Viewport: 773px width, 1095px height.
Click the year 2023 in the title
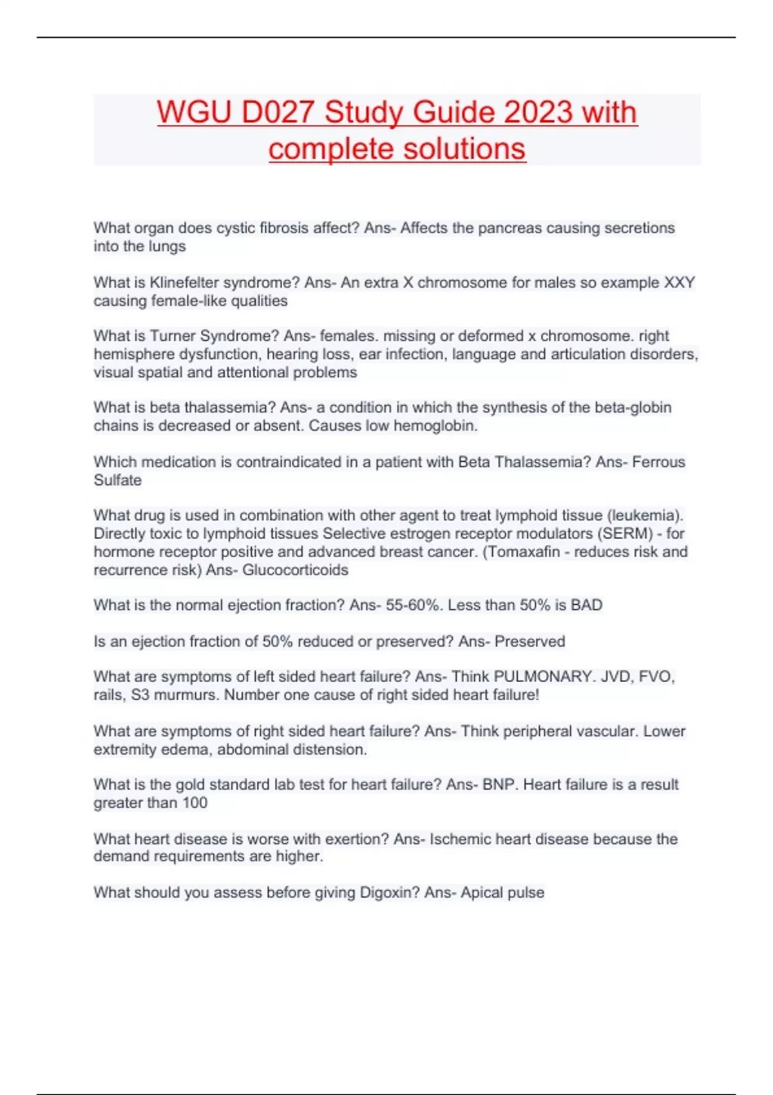[x=539, y=112]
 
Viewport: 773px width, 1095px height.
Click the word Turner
[x=173, y=336]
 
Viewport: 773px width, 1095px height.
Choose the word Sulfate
[x=117, y=481]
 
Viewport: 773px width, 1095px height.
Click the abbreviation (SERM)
[x=630, y=534]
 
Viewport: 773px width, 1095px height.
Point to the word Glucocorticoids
[x=295, y=570]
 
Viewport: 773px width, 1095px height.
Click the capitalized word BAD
[x=586, y=605]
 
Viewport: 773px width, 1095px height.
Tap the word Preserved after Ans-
[x=530, y=642]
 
